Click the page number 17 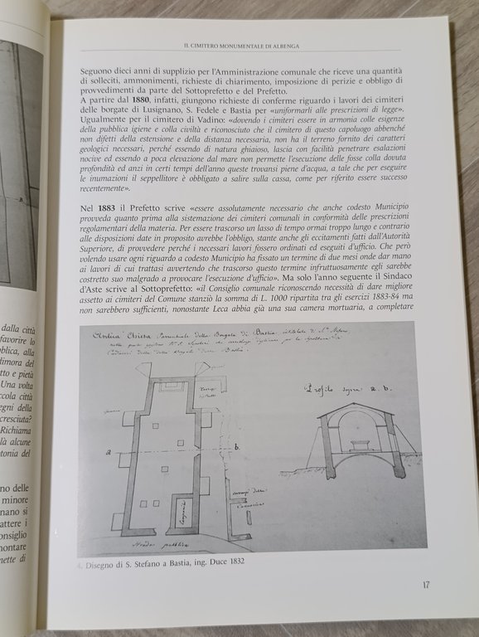pyautogui.click(x=425, y=585)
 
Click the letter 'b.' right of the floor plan pyautogui.click(x=238, y=448)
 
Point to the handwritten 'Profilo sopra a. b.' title pyautogui.click(x=347, y=387)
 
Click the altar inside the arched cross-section pyautogui.click(x=359, y=445)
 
